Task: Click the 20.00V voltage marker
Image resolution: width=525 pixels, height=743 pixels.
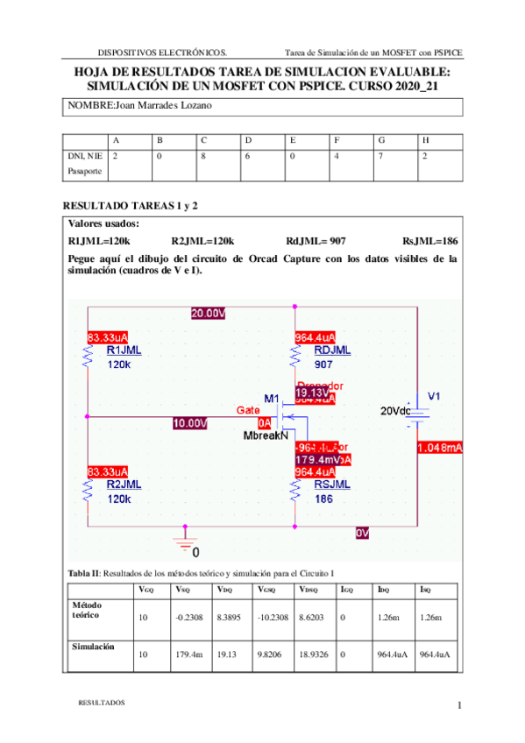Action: click(x=208, y=313)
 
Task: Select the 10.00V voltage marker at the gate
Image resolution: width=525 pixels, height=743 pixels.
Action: click(x=190, y=423)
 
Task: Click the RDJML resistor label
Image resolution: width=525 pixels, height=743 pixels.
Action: click(x=332, y=350)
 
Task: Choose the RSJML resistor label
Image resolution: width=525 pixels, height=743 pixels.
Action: click(x=332, y=484)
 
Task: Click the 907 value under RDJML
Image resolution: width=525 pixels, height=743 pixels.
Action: click(x=323, y=364)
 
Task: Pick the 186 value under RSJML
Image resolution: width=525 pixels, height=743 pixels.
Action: click(x=323, y=499)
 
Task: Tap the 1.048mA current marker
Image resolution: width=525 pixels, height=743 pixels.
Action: click(x=440, y=448)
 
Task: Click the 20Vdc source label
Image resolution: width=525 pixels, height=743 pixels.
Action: click(x=395, y=410)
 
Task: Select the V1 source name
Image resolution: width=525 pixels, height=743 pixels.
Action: click(x=434, y=396)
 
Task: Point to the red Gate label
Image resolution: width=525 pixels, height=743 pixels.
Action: click(x=248, y=410)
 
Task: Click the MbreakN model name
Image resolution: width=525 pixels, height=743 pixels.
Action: click(x=266, y=435)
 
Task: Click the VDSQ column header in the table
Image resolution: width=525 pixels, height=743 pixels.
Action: click(x=311, y=589)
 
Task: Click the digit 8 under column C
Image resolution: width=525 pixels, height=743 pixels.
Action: click(x=202, y=154)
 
